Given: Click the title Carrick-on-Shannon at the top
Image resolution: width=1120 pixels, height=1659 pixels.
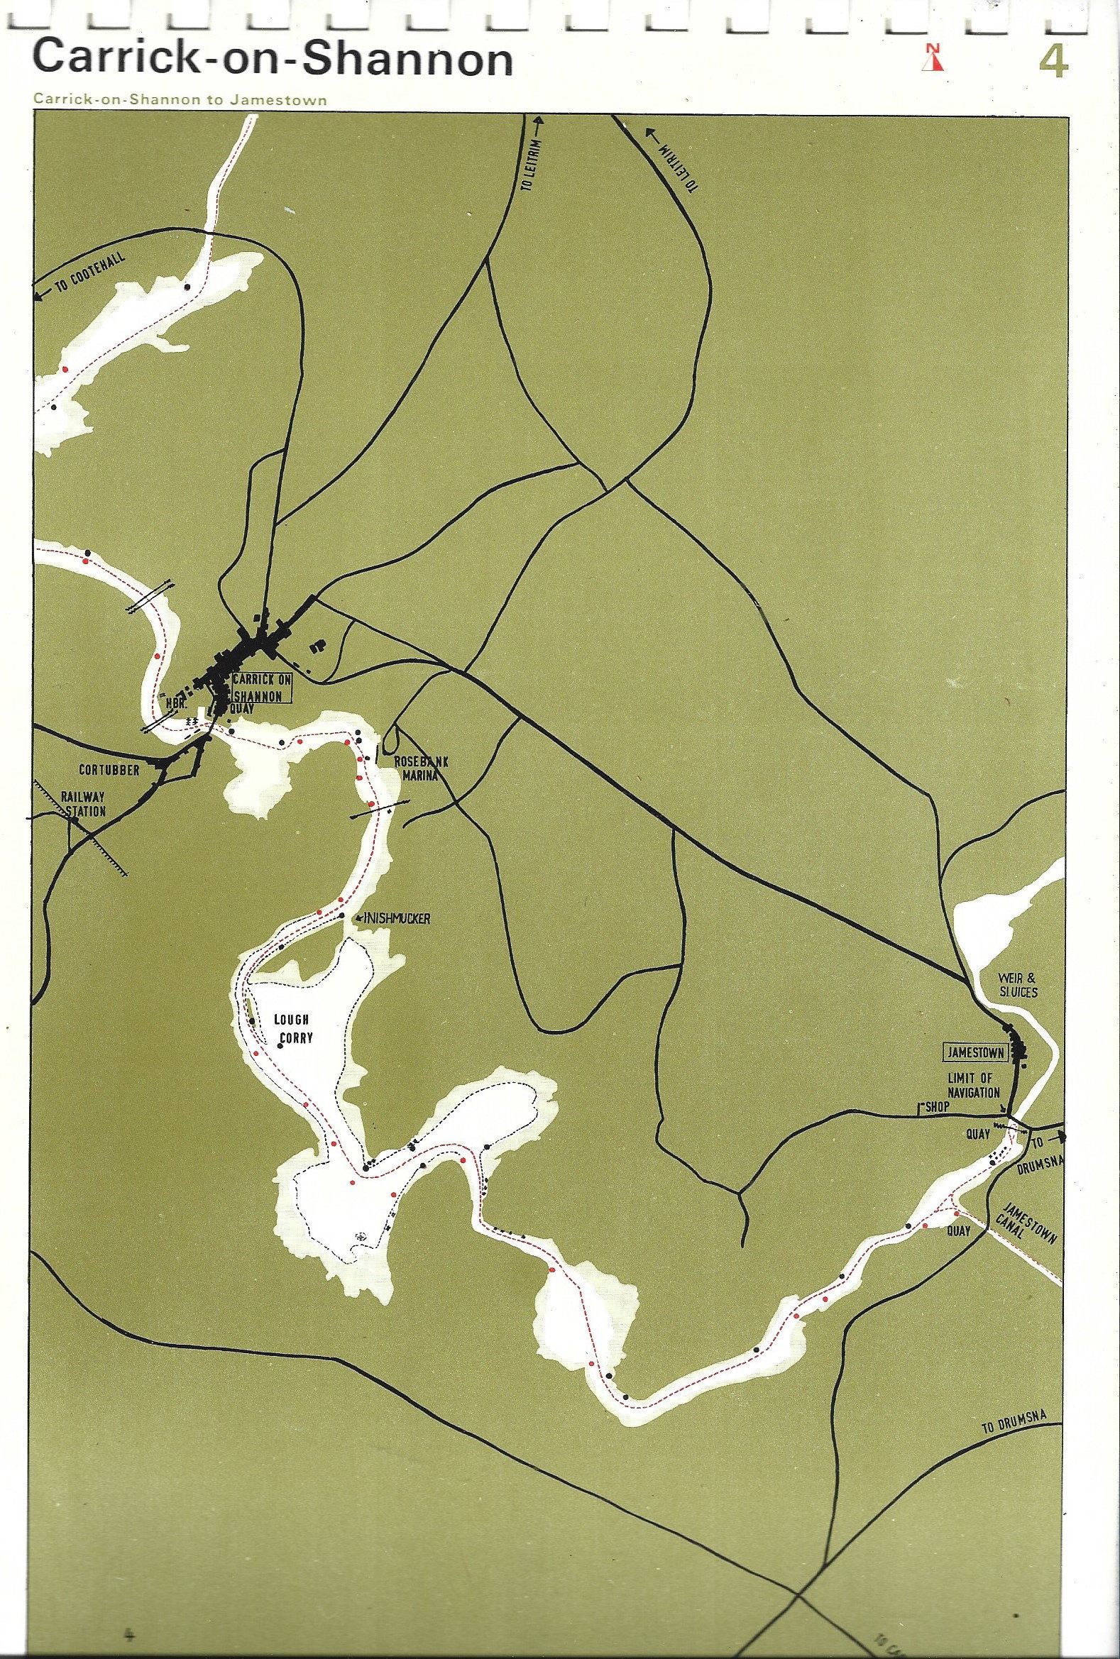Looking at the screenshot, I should click(273, 60).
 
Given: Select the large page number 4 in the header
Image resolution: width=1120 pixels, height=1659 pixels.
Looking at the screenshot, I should click(1053, 62).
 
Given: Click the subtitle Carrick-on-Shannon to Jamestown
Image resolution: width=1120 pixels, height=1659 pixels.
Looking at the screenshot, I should click(180, 100).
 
